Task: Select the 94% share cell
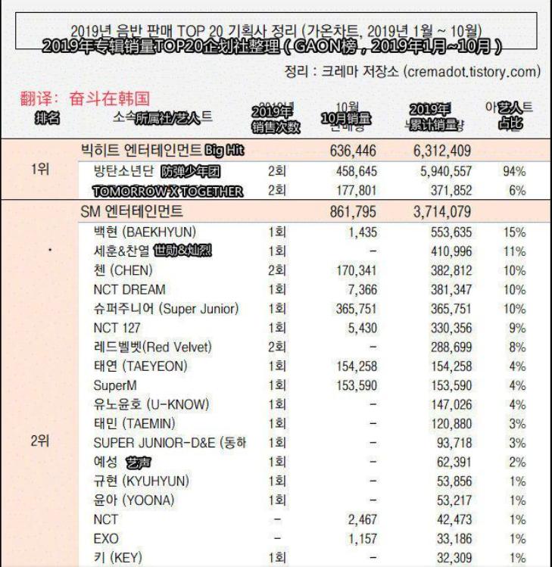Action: pyautogui.click(x=514, y=171)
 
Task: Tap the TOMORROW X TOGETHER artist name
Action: pyautogui.click(x=168, y=192)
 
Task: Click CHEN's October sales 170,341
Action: pyautogui.click(x=355, y=270)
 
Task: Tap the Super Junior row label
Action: pyautogui.click(x=166, y=308)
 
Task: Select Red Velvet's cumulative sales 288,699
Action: pyautogui.click(x=451, y=347)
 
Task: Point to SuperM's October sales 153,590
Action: pyautogui.click(x=355, y=386)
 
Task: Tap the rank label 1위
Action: pyautogui.click(x=41, y=171)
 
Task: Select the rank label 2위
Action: pyautogui.click(x=41, y=443)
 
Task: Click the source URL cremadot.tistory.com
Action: pyautogui.click(x=472, y=72)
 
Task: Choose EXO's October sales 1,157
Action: pyautogui.click(x=361, y=540)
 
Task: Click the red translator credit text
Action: pyautogui.click(x=83, y=99)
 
